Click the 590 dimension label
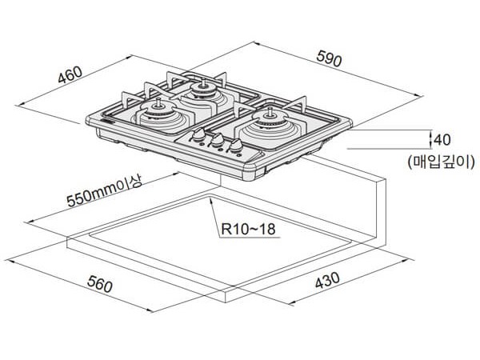(x=329, y=58)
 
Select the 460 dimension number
(x=70, y=74)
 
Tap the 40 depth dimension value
(x=442, y=139)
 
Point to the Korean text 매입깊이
(x=442, y=161)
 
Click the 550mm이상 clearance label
(x=104, y=191)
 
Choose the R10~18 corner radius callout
(x=248, y=229)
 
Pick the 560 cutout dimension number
(x=100, y=284)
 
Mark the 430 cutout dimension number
(x=327, y=280)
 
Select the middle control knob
(x=217, y=139)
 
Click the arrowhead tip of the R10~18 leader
(x=210, y=198)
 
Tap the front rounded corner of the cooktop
(x=250, y=172)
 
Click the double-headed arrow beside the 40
(x=431, y=139)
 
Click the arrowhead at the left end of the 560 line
(x=6, y=261)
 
